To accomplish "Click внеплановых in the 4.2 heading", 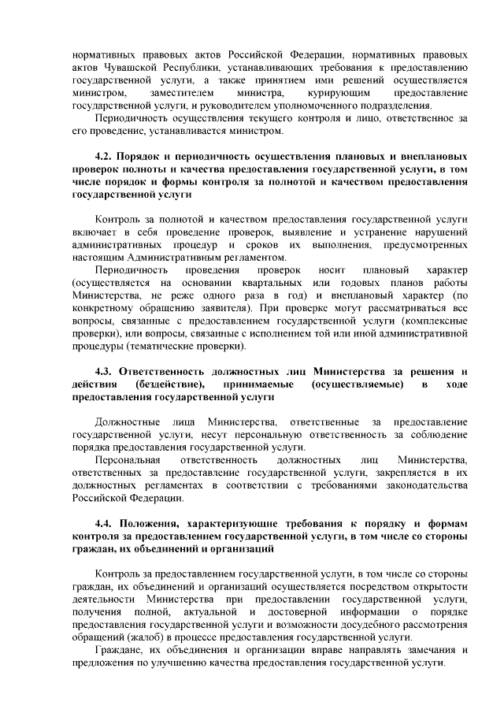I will pos(435,156).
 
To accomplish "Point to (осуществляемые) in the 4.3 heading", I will pos(358,384).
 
